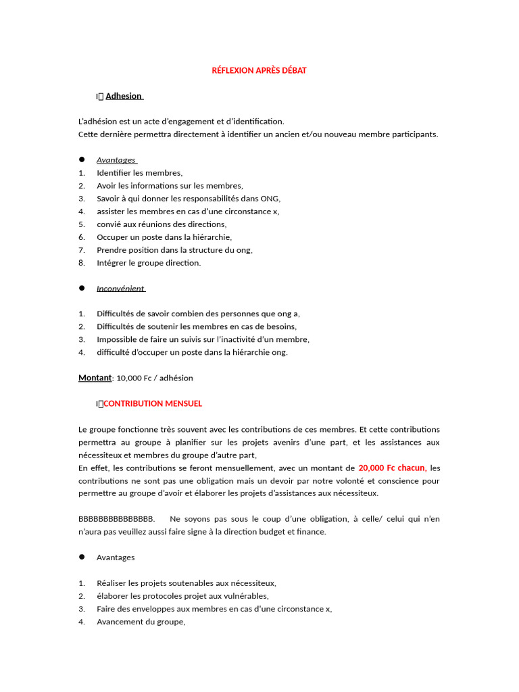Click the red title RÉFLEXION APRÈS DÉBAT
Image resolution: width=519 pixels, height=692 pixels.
tap(259, 70)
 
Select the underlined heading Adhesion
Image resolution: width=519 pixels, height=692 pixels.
tap(124, 96)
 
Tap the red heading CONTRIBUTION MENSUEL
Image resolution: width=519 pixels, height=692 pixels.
tap(153, 403)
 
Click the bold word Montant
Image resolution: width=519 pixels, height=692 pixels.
tap(95, 378)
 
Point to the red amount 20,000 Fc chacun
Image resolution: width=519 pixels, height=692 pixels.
tap(392, 468)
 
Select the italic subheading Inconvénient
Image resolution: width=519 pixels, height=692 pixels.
tap(120, 289)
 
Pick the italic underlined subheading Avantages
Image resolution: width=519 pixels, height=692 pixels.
tap(116, 160)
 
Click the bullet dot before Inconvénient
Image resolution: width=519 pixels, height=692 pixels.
tap(82, 288)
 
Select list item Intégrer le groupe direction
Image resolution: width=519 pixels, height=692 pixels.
tap(149, 263)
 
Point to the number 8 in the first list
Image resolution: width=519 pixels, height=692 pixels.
tap(81, 263)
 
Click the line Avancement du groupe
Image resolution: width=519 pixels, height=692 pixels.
tap(141, 622)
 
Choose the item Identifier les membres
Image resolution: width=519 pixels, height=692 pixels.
tap(139, 173)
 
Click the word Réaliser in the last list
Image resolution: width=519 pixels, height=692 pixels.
tap(112, 583)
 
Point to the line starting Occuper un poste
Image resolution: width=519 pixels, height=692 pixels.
tap(164, 237)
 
